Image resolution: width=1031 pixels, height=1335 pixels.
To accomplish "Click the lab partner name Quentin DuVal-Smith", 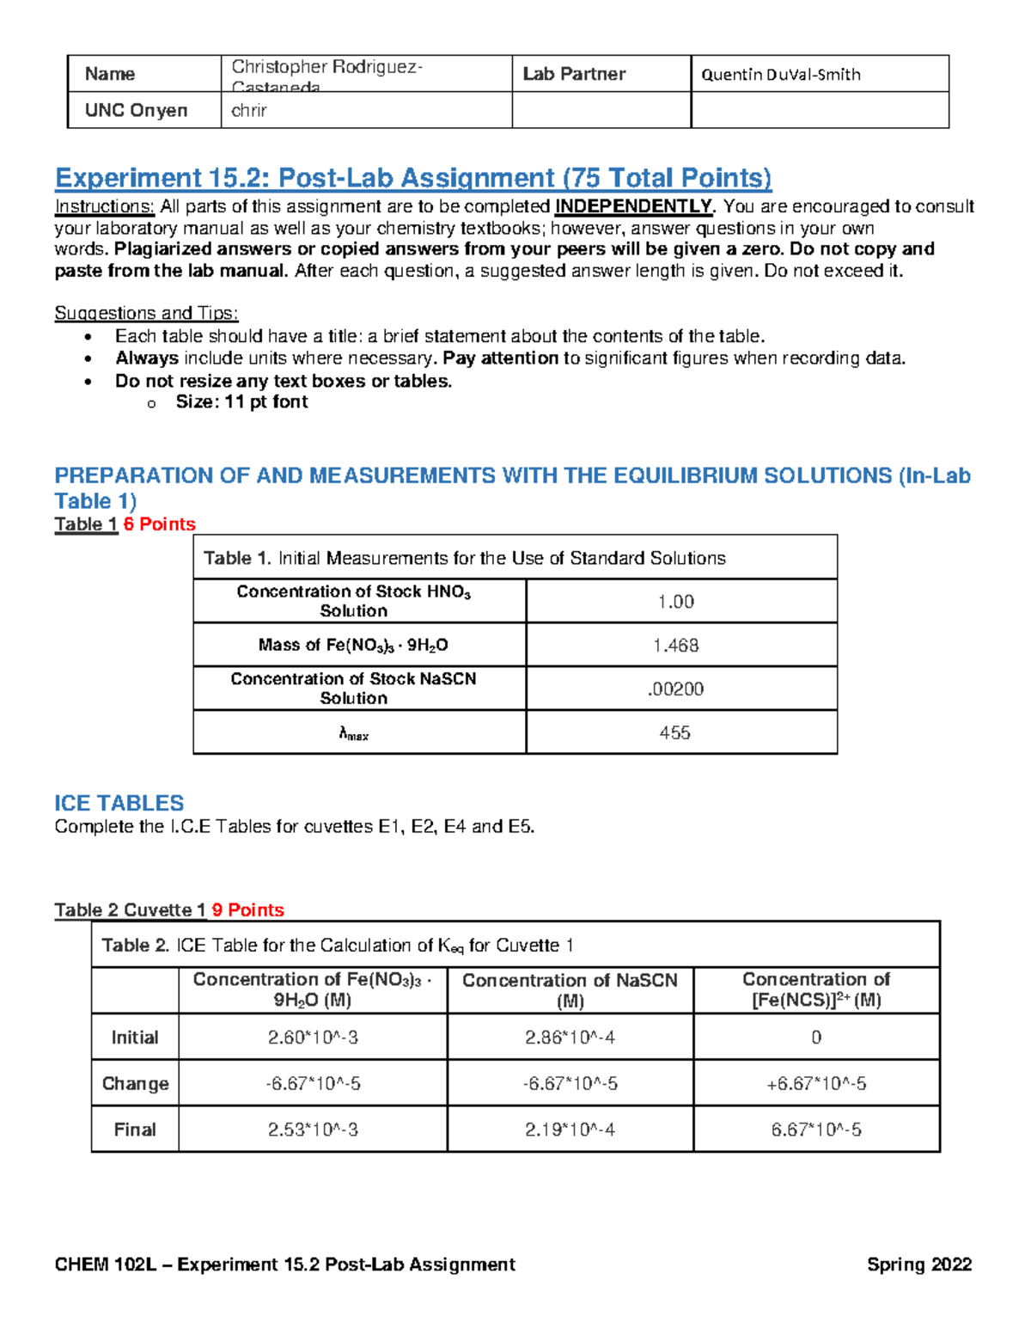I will click(780, 74).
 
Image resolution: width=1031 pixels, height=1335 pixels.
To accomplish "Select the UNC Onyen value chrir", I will click(249, 110).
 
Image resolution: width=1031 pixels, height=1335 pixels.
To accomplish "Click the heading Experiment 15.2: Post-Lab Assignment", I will click(412, 178).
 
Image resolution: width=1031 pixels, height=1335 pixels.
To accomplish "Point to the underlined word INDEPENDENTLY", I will click(634, 206).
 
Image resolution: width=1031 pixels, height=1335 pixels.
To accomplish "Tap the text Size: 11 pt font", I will click(241, 402).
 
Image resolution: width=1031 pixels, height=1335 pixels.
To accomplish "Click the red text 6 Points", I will click(159, 524).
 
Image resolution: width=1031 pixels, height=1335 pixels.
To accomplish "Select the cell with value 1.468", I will click(675, 645).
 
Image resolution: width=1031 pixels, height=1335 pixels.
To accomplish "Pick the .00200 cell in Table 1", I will click(675, 689).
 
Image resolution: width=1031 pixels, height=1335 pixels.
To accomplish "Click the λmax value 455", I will click(674, 732).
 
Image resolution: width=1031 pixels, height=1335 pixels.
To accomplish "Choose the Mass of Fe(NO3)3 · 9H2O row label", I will click(353, 645).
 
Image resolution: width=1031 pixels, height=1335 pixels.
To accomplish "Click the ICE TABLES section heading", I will click(119, 803).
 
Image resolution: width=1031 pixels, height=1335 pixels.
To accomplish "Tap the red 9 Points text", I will click(247, 909).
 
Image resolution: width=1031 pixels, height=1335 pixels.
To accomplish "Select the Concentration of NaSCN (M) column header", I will click(570, 990).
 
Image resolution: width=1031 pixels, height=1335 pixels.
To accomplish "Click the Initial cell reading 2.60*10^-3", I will click(313, 1038).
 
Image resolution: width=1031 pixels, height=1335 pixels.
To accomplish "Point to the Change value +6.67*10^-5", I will click(816, 1083).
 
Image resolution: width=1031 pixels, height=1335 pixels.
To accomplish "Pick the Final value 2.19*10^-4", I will click(570, 1130).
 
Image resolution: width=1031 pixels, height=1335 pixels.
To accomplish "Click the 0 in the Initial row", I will click(816, 1038).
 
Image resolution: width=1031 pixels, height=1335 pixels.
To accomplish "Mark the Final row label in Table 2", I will click(135, 1130).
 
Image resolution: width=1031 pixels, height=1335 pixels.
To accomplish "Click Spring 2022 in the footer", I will click(918, 1265).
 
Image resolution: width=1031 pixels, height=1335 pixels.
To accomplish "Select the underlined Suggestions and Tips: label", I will click(146, 313).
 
